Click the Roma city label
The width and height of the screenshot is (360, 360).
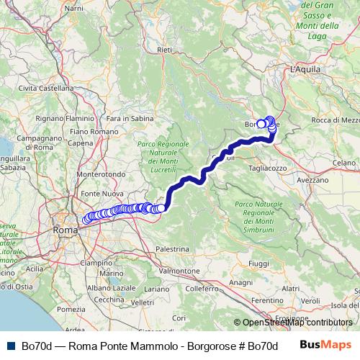65,230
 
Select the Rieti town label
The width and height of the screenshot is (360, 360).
164,50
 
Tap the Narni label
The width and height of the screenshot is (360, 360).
74,8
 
